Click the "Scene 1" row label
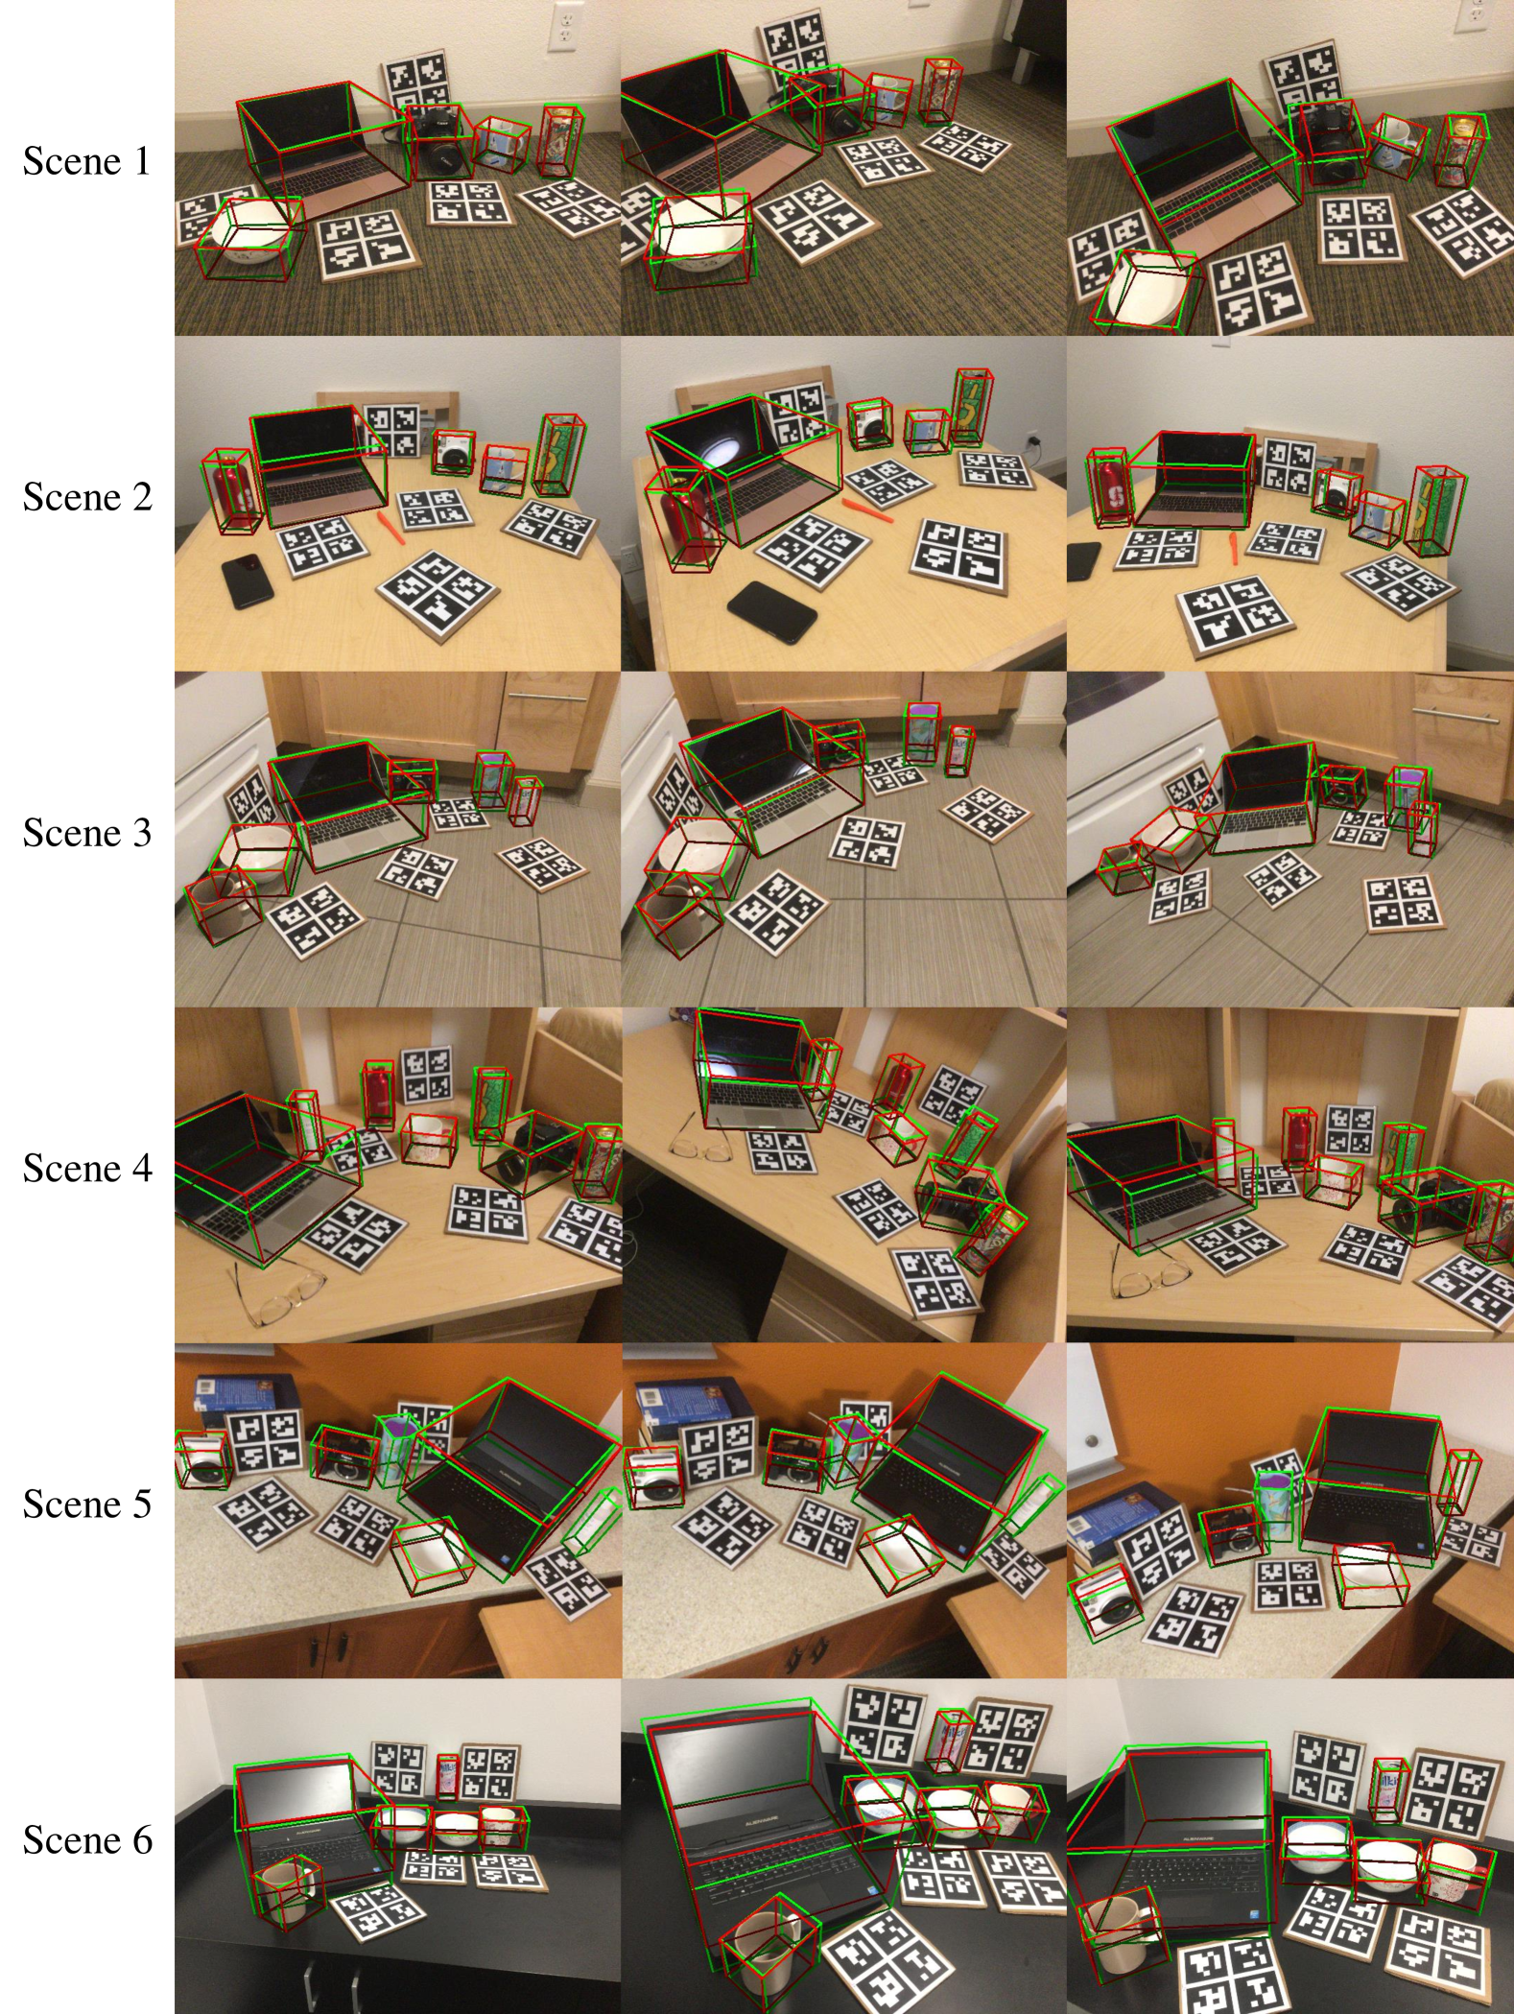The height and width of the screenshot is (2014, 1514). tap(87, 161)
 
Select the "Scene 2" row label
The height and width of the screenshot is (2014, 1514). tap(87, 497)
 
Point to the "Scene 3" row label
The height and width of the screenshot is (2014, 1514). tap(87, 833)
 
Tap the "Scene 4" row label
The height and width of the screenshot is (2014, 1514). tap(87, 1169)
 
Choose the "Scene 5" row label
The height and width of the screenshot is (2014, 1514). tap(87, 1505)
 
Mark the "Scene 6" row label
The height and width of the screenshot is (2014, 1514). tap(87, 1840)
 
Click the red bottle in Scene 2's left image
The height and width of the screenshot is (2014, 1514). tap(230, 489)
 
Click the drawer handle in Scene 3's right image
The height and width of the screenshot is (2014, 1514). tap(1455, 713)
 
